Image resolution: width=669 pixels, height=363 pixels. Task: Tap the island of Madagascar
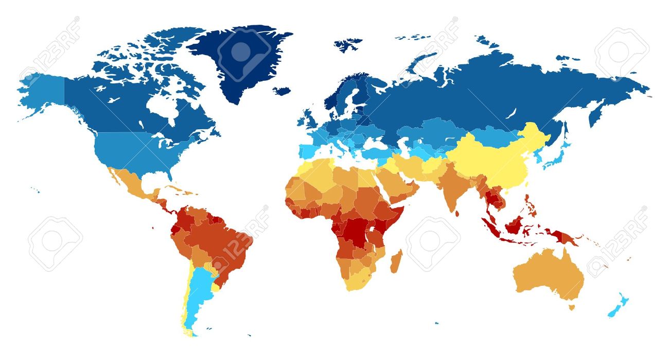coord(395,261)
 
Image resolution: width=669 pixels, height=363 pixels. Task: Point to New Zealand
coord(618,307)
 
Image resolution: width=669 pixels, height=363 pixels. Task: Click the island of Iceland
coord(281,91)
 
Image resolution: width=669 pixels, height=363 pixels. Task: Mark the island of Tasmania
coord(571,307)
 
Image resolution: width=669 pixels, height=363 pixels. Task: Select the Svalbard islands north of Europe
coord(347,44)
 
